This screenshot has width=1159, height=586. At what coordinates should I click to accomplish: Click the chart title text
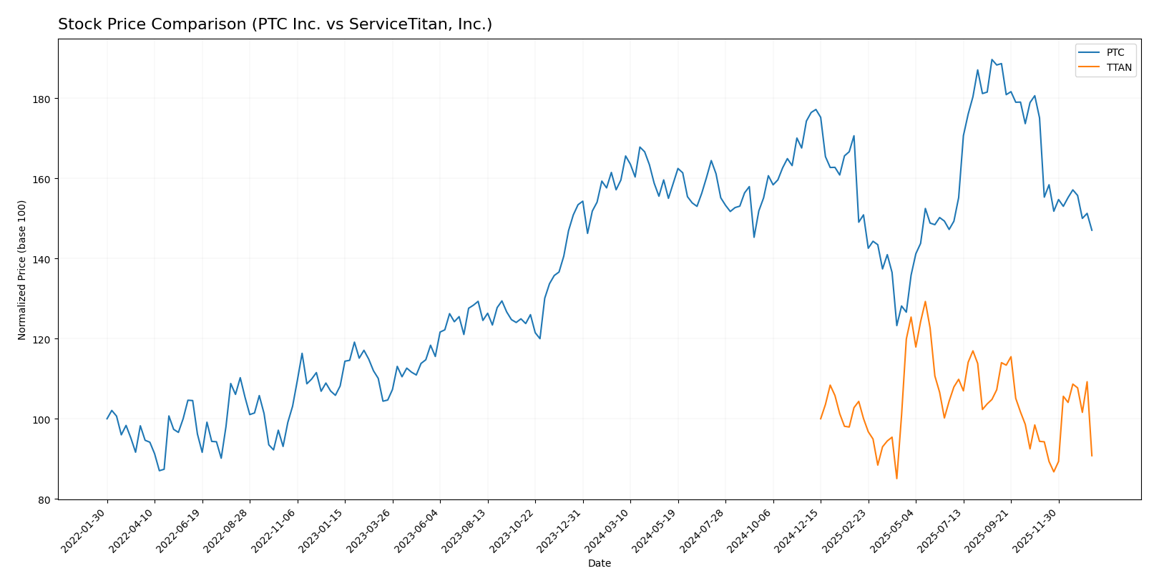275,25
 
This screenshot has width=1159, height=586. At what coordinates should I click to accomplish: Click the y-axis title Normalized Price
22,270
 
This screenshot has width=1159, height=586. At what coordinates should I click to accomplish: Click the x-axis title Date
599,564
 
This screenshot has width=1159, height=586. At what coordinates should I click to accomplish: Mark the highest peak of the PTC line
992,59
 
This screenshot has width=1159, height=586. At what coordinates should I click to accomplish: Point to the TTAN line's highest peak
925,301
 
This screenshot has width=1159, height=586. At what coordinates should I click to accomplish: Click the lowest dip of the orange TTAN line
896,478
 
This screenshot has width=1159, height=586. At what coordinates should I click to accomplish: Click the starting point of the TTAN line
821,419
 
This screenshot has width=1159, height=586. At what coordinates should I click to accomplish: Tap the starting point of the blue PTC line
107,419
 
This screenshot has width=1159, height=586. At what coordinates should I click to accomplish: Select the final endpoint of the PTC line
1092,230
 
